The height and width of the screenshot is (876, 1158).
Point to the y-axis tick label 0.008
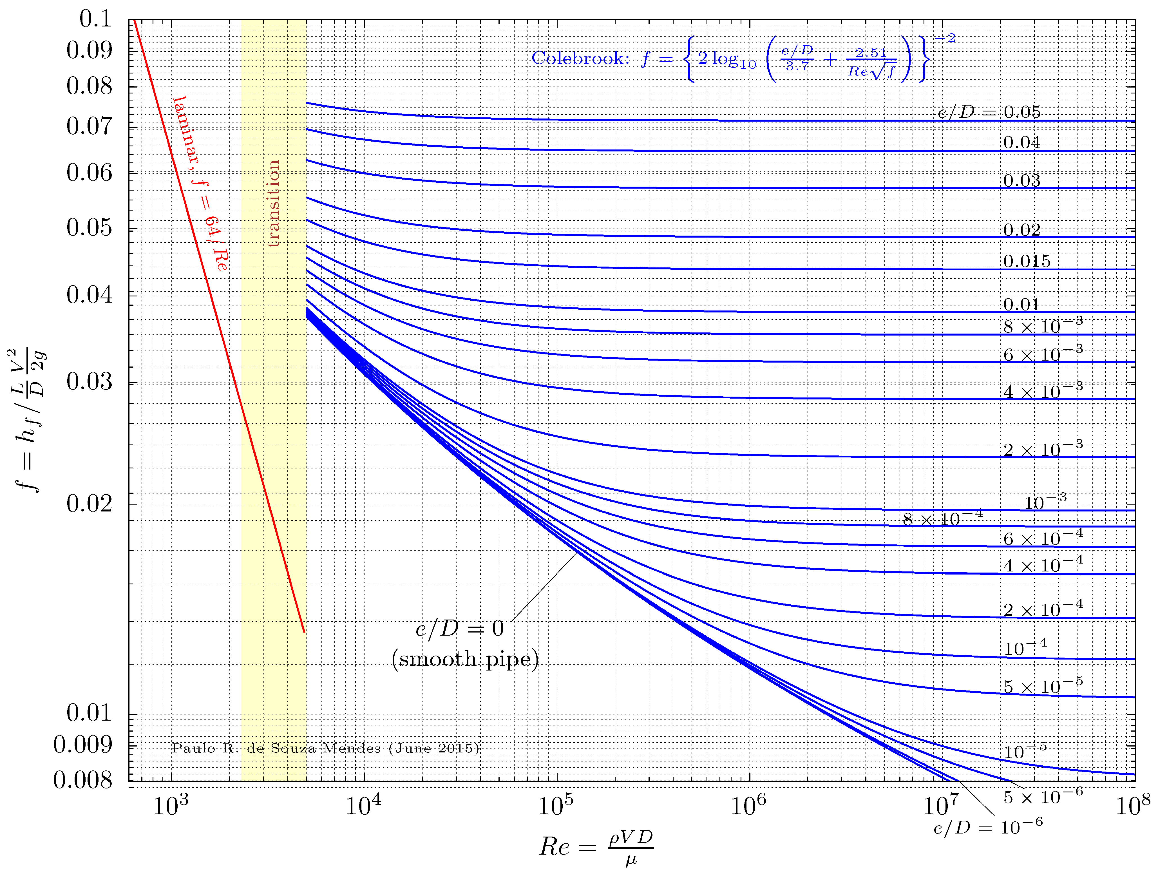click(83, 780)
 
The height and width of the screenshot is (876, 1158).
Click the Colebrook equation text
click(743, 59)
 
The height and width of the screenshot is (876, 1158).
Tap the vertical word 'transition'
click(273, 204)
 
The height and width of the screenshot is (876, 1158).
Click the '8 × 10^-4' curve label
click(942, 519)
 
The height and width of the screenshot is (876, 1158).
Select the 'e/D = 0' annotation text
click(460, 628)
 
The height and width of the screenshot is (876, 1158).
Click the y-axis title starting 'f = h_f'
click(29, 419)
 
